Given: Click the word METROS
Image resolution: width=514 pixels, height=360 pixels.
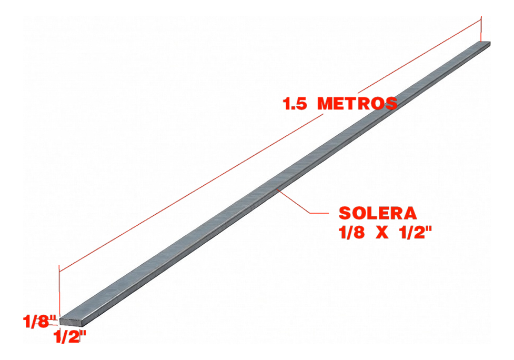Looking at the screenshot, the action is pos(358,103).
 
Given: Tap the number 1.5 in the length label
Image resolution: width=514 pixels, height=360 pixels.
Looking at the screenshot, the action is pos(295,104).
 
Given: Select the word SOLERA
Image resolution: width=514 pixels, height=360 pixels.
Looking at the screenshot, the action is pos(378,213).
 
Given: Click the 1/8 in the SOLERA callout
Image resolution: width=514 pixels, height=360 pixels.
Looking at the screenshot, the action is pos(351,233).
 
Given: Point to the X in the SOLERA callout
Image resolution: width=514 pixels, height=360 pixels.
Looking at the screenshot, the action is pos(382,233).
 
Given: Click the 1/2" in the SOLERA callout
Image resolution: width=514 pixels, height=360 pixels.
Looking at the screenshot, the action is pos(415,233).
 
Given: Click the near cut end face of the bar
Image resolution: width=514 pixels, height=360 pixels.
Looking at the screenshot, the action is pos(70,322).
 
